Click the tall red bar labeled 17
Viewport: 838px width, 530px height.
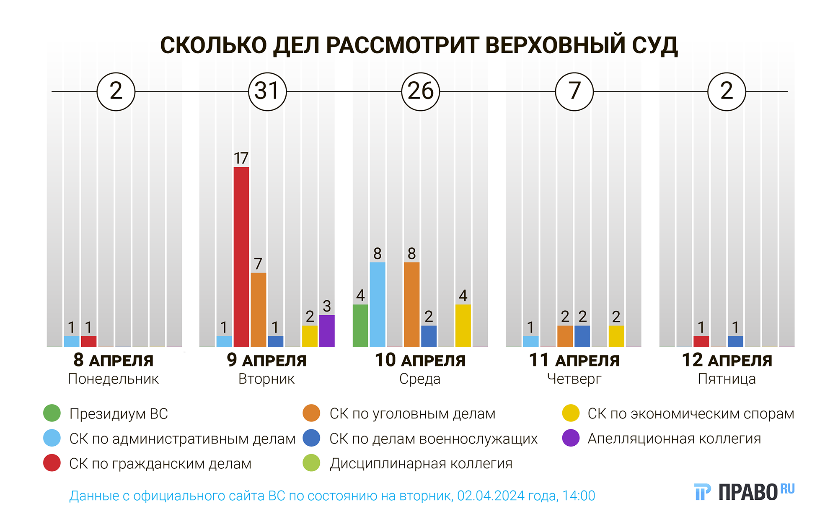click(x=241, y=257)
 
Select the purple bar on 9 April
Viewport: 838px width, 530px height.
click(x=327, y=331)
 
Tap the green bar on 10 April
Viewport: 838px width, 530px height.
click(x=360, y=325)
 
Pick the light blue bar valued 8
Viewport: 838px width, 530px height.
click(x=378, y=304)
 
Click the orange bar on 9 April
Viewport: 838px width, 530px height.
click(x=259, y=309)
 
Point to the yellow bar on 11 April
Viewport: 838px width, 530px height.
click(x=616, y=336)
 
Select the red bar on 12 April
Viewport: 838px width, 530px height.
click(x=701, y=341)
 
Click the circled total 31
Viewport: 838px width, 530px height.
click(x=267, y=91)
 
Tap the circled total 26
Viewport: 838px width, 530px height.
click(x=421, y=91)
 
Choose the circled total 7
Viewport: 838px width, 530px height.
click(x=574, y=91)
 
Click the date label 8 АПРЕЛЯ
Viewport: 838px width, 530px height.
click(x=113, y=361)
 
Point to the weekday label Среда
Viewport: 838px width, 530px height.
click(x=420, y=379)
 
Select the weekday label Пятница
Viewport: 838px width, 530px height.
click(x=727, y=379)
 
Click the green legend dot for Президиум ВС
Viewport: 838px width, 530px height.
click(x=52, y=413)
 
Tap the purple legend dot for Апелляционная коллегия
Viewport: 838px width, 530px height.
click(x=571, y=438)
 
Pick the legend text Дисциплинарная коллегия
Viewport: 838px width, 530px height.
click(x=421, y=463)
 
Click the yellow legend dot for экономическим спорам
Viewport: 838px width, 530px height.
click(x=571, y=413)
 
